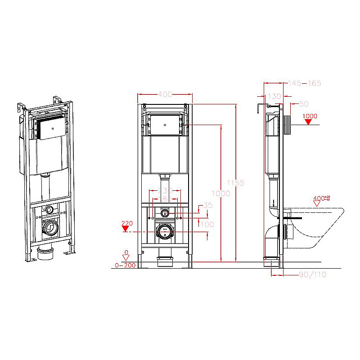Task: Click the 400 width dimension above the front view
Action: (x=165, y=94)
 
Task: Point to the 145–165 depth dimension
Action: (x=305, y=83)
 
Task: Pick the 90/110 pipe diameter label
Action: (x=312, y=274)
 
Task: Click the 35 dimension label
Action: (x=207, y=206)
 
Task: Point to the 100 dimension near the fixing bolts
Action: (x=207, y=224)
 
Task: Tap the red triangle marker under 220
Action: (x=126, y=228)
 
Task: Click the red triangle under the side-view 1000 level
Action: (x=309, y=122)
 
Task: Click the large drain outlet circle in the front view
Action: (x=165, y=231)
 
